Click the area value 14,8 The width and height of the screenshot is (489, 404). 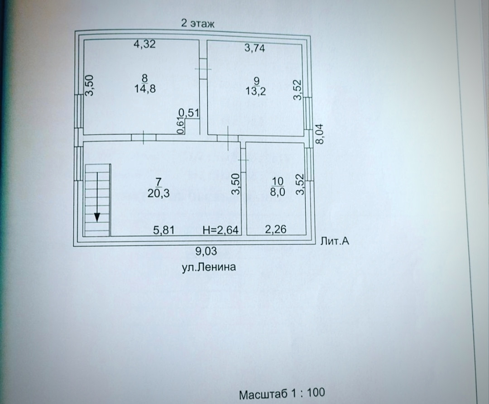(145, 89)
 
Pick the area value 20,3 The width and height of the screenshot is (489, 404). (158, 194)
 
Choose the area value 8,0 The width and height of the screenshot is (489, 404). (278, 192)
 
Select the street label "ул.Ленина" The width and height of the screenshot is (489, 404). (209, 267)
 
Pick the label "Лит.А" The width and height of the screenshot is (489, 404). (335, 241)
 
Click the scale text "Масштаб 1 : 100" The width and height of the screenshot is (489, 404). (282, 393)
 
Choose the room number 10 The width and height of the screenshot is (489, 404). (278, 181)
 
